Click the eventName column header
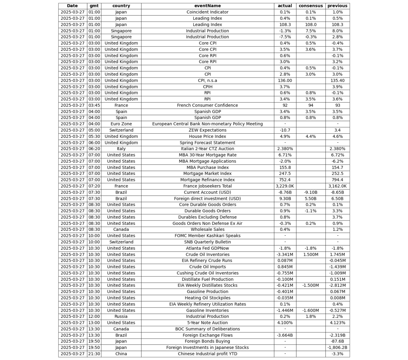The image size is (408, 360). (x=207, y=6)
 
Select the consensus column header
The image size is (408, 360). (x=311, y=6)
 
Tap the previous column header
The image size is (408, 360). (x=337, y=6)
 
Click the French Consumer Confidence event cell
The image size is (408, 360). (x=207, y=105)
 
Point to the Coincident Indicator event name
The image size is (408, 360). (x=207, y=12)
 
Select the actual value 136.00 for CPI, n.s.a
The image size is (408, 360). (x=285, y=81)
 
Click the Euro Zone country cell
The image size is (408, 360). (x=121, y=124)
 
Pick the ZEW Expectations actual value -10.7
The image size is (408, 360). (x=285, y=130)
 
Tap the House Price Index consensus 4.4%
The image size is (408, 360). (x=311, y=136)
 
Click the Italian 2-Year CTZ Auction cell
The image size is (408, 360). (x=207, y=149)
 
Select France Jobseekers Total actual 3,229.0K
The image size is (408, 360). (x=285, y=186)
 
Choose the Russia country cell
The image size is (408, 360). (x=121, y=316)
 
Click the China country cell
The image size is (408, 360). (x=121, y=354)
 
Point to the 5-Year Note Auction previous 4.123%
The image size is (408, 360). (x=337, y=323)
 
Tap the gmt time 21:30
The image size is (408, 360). (x=94, y=354)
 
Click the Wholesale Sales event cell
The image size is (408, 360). (x=207, y=230)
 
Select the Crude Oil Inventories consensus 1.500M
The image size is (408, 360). (x=311, y=255)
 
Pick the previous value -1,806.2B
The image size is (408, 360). (x=337, y=347)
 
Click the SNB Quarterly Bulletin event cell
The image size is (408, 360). (x=207, y=242)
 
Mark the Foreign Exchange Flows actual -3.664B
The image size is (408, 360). (x=285, y=335)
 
